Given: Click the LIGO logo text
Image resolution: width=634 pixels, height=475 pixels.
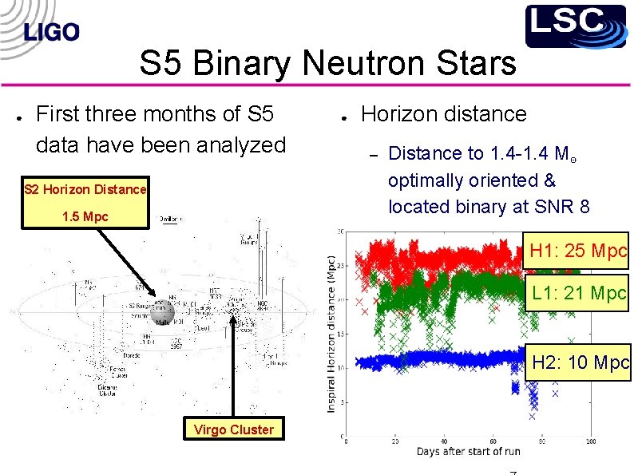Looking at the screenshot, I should pos(52,32).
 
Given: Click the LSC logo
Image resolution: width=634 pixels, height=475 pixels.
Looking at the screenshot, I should pos(575,26).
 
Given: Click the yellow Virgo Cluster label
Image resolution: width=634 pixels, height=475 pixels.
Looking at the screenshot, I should pos(233,429).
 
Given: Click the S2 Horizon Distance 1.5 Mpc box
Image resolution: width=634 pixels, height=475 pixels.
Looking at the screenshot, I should pos(85,203).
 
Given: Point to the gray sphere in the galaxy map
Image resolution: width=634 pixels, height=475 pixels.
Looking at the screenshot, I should pos(163,313).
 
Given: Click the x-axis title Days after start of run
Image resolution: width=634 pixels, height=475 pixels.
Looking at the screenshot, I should pos(468,452).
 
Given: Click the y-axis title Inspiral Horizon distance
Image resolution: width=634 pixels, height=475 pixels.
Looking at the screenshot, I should pos(331,334).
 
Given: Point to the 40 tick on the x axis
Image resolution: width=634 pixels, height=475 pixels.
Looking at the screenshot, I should pos(444,440).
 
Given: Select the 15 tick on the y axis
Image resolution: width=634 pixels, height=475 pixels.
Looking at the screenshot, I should pos(340,334).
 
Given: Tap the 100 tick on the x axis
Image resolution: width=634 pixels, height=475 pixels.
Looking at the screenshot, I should pos(591,440).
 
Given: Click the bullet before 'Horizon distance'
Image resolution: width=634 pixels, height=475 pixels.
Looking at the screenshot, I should pos(341,117).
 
